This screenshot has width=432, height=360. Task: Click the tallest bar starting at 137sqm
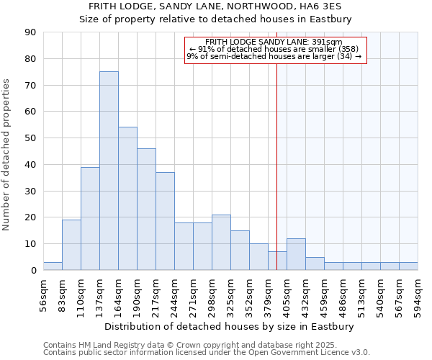(109, 171)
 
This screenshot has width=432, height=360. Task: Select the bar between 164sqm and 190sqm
(127, 199)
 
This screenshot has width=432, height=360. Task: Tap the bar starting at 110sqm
(90, 218)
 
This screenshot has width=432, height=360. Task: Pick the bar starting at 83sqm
(71, 245)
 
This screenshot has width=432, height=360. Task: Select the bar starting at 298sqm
(221, 243)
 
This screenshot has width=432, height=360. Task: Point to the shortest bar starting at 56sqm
(53, 266)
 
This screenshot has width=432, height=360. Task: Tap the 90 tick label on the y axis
(30, 32)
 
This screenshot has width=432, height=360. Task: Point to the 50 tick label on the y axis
(30, 138)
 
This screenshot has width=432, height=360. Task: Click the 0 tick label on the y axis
(33, 271)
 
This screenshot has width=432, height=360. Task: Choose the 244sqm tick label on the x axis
(174, 294)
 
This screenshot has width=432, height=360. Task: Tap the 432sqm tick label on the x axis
(305, 294)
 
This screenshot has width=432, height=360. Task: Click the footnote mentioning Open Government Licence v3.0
(207, 353)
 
